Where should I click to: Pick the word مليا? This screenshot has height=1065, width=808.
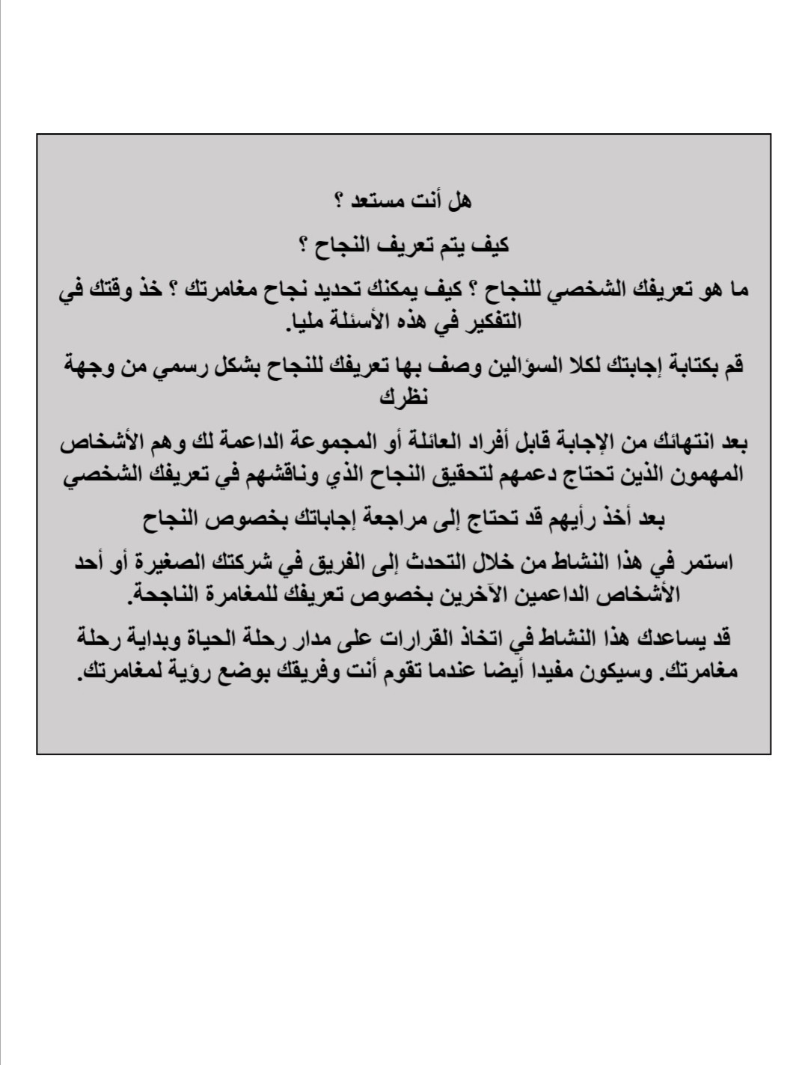307,322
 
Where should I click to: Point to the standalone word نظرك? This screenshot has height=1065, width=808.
404,397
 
